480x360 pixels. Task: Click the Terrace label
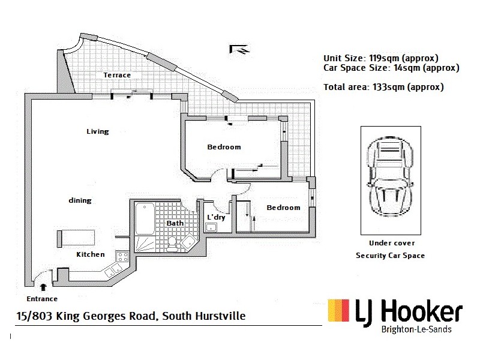click(x=117, y=75)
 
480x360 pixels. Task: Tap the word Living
click(x=97, y=131)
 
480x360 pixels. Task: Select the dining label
click(x=80, y=200)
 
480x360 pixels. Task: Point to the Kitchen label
click(x=91, y=254)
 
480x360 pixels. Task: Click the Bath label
click(x=175, y=223)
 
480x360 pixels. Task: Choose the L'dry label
click(x=216, y=217)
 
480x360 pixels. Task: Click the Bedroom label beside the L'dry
click(x=283, y=208)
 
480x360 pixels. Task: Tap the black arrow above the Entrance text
click(x=43, y=288)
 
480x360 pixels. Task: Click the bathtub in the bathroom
click(x=145, y=219)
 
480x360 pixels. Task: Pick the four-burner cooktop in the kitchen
click(x=122, y=257)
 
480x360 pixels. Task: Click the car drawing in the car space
click(x=389, y=179)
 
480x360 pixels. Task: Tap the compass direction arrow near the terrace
click(x=238, y=49)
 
